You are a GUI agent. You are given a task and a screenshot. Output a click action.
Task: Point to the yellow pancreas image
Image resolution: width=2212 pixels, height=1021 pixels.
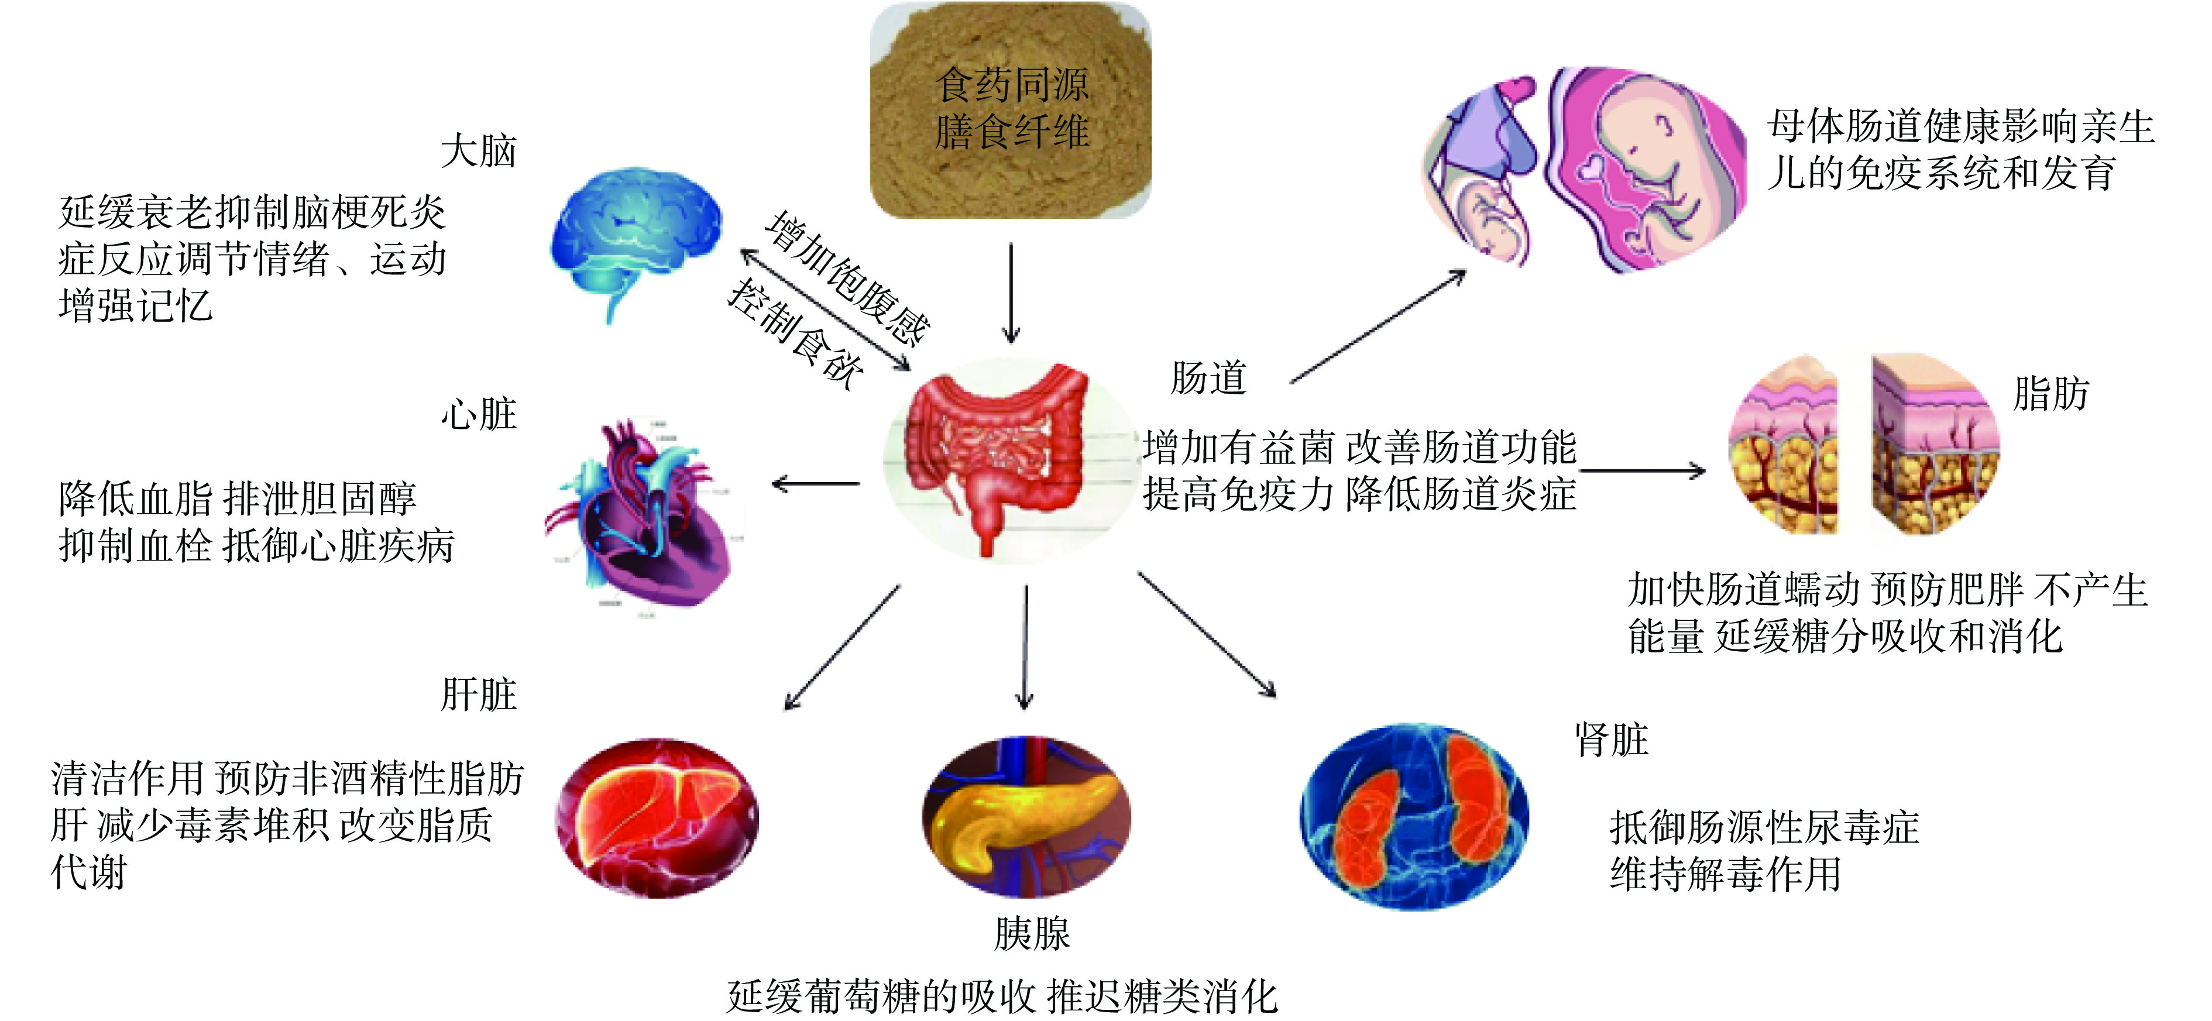tap(1026, 816)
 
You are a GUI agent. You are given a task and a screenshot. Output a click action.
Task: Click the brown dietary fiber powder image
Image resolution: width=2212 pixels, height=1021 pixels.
tap(1011, 112)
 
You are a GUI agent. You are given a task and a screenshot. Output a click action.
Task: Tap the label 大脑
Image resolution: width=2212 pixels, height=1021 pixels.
tap(478, 151)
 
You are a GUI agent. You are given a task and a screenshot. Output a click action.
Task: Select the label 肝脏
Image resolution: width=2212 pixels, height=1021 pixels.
tap(478, 695)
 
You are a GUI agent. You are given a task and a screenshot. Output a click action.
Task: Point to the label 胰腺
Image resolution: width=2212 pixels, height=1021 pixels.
tap(1032, 933)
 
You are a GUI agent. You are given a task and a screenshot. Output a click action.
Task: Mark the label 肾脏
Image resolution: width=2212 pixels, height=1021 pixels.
tap(1611, 740)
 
